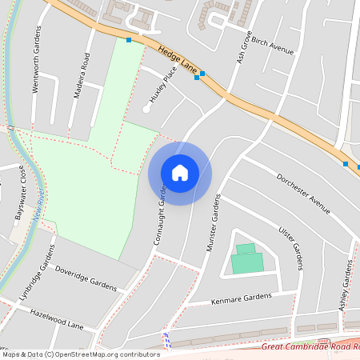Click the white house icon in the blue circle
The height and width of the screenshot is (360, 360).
coord(180,173)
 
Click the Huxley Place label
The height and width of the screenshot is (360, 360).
coord(160,88)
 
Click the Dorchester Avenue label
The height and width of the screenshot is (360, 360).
coord(303,194)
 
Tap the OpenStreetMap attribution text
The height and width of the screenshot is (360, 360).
coord(80,354)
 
